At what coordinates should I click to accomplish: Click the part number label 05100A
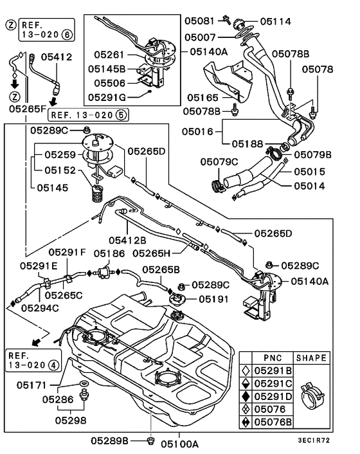tap(179, 443)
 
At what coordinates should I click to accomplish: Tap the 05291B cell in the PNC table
tap(273, 371)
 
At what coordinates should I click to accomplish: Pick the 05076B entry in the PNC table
tap(273, 422)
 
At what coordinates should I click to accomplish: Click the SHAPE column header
tap(310, 358)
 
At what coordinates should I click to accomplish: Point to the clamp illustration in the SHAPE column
tap(311, 397)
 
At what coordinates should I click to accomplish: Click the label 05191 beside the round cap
tap(214, 299)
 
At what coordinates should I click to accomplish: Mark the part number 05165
tap(203, 97)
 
